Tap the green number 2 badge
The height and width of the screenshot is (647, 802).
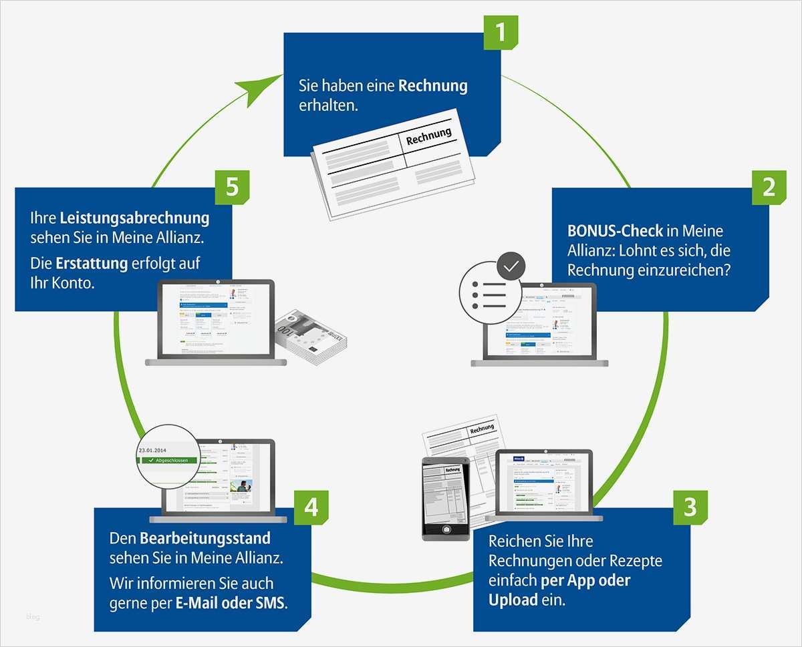(769, 187)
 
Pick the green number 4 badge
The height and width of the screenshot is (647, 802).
(311, 507)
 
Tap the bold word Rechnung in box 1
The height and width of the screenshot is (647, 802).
(433, 86)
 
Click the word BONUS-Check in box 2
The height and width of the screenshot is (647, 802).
(615, 231)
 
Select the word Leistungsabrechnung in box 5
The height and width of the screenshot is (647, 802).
(134, 218)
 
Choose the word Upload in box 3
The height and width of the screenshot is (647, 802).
(513, 600)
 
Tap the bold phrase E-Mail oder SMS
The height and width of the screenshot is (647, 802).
(231, 603)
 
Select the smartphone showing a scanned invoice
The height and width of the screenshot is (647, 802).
(444, 497)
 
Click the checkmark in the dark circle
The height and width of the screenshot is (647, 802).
(511, 266)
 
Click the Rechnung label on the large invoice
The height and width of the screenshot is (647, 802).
(428, 137)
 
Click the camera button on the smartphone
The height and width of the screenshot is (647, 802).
(444, 529)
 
